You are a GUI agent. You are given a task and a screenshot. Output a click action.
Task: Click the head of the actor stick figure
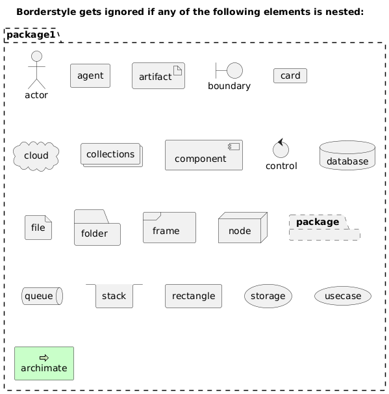tap(36, 57)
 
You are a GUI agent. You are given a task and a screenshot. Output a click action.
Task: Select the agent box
tap(90, 75)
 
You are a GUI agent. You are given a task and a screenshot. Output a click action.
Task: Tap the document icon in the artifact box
tap(177, 70)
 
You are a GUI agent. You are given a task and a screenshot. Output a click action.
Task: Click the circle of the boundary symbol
tap(234, 71)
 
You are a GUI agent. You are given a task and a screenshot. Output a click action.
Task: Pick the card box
tap(290, 75)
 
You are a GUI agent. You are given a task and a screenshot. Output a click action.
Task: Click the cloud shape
tap(36, 156)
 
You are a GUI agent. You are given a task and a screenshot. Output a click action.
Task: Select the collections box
tap(112, 155)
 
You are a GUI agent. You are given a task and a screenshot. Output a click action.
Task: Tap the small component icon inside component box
tap(234, 146)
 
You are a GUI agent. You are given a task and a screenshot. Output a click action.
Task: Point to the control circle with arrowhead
tap(281, 148)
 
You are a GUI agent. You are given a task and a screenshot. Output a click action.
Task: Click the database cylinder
tap(347, 155)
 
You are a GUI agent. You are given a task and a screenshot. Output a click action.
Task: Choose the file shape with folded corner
tap(38, 228)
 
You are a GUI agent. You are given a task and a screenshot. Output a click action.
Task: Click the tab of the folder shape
tap(92, 217)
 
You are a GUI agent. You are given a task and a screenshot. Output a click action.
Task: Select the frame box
tap(169, 228)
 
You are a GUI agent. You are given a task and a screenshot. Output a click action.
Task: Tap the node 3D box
tap(243, 228)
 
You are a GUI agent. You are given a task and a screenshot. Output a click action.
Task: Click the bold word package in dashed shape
tap(318, 222)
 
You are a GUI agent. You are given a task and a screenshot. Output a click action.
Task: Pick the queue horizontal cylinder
tap(42, 296)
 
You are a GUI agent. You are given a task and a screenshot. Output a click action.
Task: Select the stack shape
tap(114, 296)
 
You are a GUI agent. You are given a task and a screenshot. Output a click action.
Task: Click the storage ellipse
tap(268, 296)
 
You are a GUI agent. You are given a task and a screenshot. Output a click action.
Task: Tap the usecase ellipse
tap(343, 296)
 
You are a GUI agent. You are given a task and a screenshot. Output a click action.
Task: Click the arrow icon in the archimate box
tap(44, 358)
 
